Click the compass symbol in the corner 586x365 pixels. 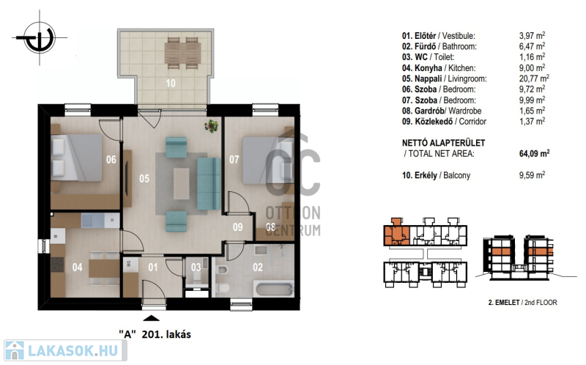click(x=40, y=38)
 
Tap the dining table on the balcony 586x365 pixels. click(x=182, y=54)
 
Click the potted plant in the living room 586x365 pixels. click(x=212, y=125)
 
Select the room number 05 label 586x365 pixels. click(x=144, y=178)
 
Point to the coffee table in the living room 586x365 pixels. click(x=181, y=184)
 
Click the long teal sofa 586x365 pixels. click(x=209, y=184)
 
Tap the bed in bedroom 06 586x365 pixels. click(x=77, y=158)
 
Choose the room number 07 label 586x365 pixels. click(x=234, y=160)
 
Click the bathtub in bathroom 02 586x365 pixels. click(x=273, y=289)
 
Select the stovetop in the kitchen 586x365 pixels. click(x=57, y=265)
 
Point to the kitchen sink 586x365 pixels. click(x=93, y=221)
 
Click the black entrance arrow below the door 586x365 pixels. click(x=151, y=318)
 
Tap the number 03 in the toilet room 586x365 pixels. click(x=196, y=267)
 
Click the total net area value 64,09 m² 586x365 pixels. click(x=534, y=153)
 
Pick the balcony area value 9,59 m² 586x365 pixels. click(x=532, y=175)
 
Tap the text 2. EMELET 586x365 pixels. click(x=504, y=303)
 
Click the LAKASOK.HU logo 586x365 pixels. click(x=65, y=350)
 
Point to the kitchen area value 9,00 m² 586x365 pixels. click(x=532, y=67)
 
